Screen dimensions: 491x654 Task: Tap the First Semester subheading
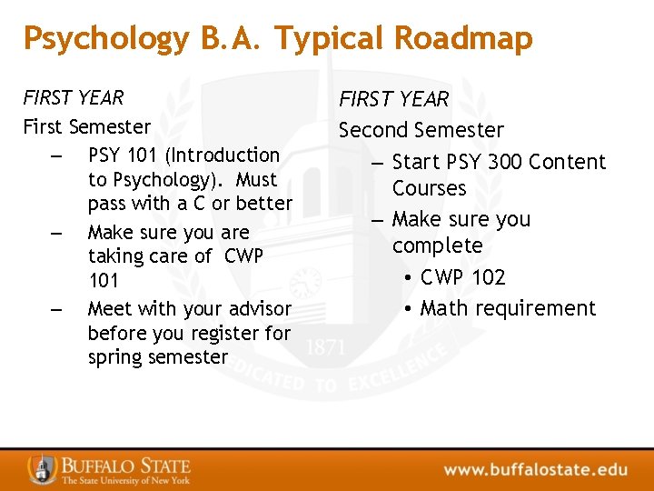coord(86,126)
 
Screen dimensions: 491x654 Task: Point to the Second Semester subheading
coord(421,130)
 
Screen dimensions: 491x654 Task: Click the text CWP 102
coord(462,277)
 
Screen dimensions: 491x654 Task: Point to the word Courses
coord(429,188)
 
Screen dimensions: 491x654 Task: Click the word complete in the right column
coord(437,246)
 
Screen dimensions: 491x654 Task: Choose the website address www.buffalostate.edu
coord(535,470)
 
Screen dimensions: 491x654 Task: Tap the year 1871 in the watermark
coord(325,348)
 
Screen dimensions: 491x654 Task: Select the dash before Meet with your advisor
coord(57,310)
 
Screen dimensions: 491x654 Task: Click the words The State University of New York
coord(125,480)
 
